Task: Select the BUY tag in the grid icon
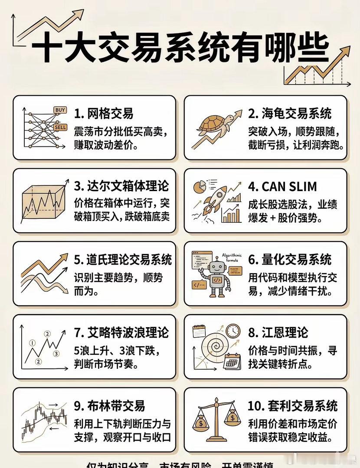(60, 110)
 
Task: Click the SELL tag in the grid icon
(59, 127)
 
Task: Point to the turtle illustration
(212, 126)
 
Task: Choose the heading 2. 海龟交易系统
(290, 114)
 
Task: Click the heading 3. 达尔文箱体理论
(121, 186)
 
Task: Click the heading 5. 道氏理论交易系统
(123, 260)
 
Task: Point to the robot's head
(216, 266)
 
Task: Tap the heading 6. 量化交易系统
(290, 260)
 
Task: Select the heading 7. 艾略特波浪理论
(121, 333)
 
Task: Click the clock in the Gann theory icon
(233, 331)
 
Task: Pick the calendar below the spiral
(232, 361)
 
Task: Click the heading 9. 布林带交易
(109, 406)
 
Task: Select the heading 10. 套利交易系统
(293, 406)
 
